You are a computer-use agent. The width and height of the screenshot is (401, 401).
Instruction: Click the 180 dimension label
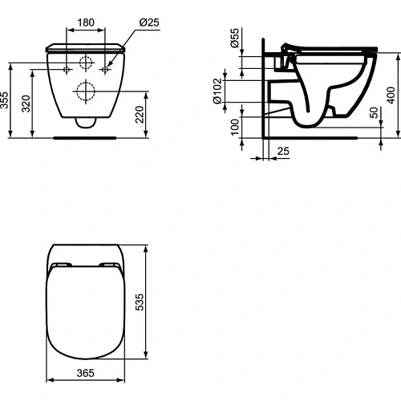(x=87, y=23)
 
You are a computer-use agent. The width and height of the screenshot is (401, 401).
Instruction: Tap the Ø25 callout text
(x=148, y=23)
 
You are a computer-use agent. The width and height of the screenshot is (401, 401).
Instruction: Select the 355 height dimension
(x=6, y=99)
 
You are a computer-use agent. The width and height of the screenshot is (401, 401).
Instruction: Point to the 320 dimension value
(x=27, y=103)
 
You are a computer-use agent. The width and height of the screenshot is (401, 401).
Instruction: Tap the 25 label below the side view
(x=283, y=150)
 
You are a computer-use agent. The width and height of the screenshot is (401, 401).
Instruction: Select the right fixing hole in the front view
(x=105, y=70)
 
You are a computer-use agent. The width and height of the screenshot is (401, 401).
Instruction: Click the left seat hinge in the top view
(x=60, y=265)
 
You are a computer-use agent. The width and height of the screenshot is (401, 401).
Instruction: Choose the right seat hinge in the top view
(x=108, y=265)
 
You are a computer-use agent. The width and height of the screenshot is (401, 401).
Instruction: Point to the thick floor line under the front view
(x=86, y=137)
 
